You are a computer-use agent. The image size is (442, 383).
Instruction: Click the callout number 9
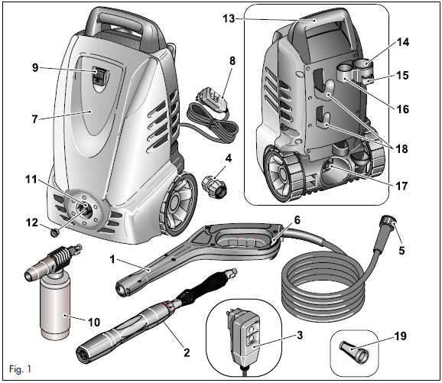pyautogui.click(x=34, y=68)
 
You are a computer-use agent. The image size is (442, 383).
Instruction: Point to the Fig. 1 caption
pyautogui.click(x=20, y=371)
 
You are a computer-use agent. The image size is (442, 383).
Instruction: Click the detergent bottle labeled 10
pyautogui.click(x=57, y=306)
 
